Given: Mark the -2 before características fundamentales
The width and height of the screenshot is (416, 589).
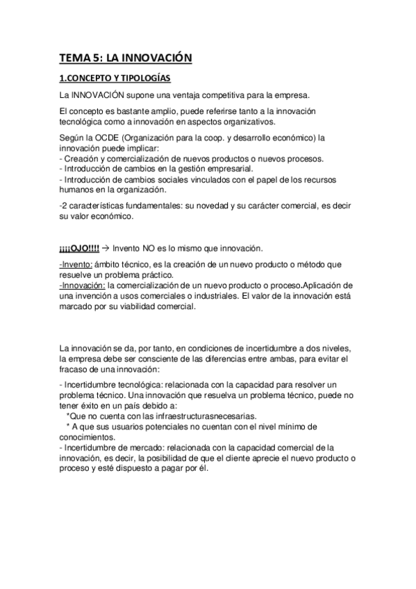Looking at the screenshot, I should [64, 206].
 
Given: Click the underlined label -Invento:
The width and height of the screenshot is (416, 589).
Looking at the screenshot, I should [76, 267].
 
